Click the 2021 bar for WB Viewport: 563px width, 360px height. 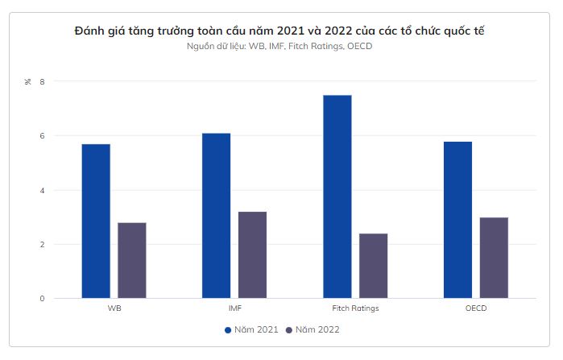[96, 221]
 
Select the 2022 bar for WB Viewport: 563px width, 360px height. [132, 260]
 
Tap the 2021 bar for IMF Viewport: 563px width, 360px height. [217, 216]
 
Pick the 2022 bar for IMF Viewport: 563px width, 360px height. [252, 254]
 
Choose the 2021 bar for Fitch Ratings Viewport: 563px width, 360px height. [337, 197]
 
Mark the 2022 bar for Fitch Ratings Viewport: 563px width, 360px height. [373, 266]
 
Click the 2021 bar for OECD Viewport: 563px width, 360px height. [457, 220]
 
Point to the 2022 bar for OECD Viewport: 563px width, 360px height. [494, 258]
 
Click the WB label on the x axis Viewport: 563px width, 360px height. [114, 308]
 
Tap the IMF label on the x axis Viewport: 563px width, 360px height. [234, 308]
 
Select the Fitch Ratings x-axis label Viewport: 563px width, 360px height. [355, 308]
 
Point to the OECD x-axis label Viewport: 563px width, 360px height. [475, 308]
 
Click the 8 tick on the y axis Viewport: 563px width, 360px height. [43, 81]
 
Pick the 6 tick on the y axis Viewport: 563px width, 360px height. [43, 135]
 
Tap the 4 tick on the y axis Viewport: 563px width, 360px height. [43, 190]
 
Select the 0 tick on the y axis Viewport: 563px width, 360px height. [43, 299]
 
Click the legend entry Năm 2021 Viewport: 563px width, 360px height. [251, 330]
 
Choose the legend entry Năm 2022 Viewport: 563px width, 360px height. [312, 330]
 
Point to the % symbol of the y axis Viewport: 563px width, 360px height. [28, 81]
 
